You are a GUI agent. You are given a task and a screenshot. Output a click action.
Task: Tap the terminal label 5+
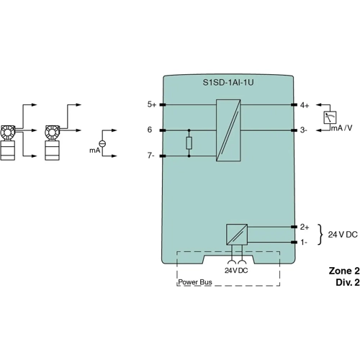pyautogui.click(x=151, y=104)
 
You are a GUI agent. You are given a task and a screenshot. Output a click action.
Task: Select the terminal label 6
pyautogui.click(x=150, y=130)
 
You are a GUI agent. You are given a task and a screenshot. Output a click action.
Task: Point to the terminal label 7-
pyautogui.click(x=151, y=156)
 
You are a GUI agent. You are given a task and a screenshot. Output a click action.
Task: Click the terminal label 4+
pyautogui.click(x=305, y=104)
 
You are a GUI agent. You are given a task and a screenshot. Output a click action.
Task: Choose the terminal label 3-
pyautogui.click(x=304, y=130)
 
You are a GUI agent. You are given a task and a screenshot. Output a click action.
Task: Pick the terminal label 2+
pyautogui.click(x=305, y=226)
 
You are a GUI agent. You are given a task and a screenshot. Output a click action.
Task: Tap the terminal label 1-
pyautogui.click(x=304, y=243)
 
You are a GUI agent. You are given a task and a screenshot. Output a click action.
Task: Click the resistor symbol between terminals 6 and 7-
pyautogui.click(x=189, y=143)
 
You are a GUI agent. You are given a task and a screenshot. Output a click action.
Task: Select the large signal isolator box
pyautogui.click(x=228, y=130)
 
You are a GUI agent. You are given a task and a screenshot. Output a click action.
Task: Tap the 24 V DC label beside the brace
pyautogui.click(x=343, y=235)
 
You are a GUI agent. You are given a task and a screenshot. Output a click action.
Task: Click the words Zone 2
pyautogui.click(x=343, y=271)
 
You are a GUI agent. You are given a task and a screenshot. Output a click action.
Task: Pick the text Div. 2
pyautogui.click(x=346, y=283)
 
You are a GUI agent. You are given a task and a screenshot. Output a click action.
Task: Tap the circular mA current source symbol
pyautogui.click(x=102, y=144)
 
